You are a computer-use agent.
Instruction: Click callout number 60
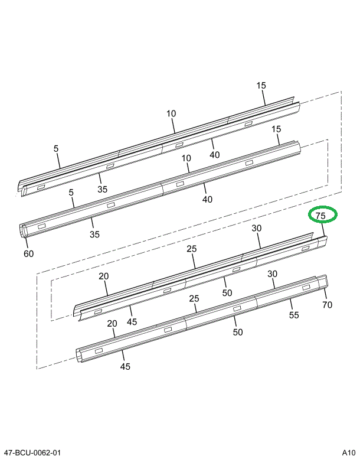point(28,254)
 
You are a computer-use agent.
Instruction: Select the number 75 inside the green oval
point(320,216)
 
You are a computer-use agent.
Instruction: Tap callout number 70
point(328,305)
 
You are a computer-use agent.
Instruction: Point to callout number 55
point(294,315)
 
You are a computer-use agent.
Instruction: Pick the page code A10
point(348,453)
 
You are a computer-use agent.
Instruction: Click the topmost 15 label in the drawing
point(261,86)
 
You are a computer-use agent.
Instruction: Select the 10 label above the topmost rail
point(171,113)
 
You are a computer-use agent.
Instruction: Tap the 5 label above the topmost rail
point(56,149)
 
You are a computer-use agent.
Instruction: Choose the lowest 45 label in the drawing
point(125,366)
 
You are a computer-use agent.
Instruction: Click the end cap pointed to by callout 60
point(24,232)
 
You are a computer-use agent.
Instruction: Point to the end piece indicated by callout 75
point(322,241)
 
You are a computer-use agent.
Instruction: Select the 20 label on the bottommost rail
point(112,324)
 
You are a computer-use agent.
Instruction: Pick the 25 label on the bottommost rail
point(194,299)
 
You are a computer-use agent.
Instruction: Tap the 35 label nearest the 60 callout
point(94,235)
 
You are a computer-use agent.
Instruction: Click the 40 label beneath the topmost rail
point(214,155)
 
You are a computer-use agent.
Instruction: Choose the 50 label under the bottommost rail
point(238,333)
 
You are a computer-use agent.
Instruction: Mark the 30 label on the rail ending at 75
point(257,229)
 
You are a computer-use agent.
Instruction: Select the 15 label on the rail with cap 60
point(276,129)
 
